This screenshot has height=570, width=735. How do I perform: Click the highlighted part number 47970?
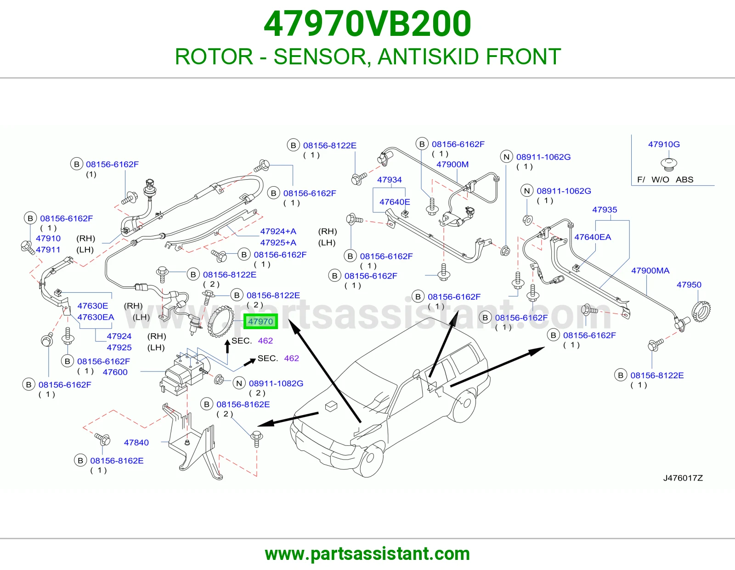[x=260, y=321]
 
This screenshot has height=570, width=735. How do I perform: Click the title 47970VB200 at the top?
[x=367, y=23]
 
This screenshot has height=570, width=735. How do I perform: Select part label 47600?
[x=115, y=372]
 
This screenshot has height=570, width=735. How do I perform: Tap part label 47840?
[x=136, y=442]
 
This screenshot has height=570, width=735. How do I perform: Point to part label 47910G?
[x=664, y=144]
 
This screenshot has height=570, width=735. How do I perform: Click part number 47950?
[x=689, y=285]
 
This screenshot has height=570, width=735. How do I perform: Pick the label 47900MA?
[x=650, y=270]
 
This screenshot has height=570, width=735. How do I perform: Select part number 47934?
[x=389, y=180]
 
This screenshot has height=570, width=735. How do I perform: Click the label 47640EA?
[x=593, y=237]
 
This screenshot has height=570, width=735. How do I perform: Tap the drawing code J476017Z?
[x=683, y=478]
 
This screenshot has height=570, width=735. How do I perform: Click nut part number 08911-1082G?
[x=276, y=383]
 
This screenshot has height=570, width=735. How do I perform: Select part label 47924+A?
[x=278, y=231]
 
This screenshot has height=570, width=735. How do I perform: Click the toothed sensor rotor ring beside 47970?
[x=220, y=321]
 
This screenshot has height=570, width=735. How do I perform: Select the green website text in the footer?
[x=367, y=554]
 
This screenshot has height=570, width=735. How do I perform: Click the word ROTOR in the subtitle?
[x=214, y=57]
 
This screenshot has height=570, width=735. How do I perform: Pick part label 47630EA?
[x=96, y=317]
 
